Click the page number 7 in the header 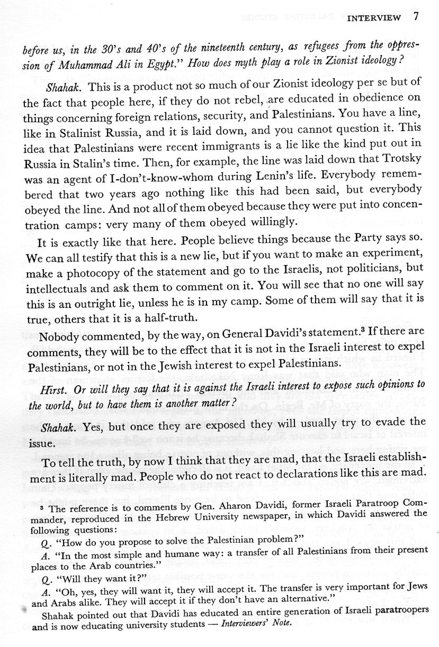pyautogui.click(x=416, y=17)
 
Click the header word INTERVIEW pyautogui.click(x=374, y=19)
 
